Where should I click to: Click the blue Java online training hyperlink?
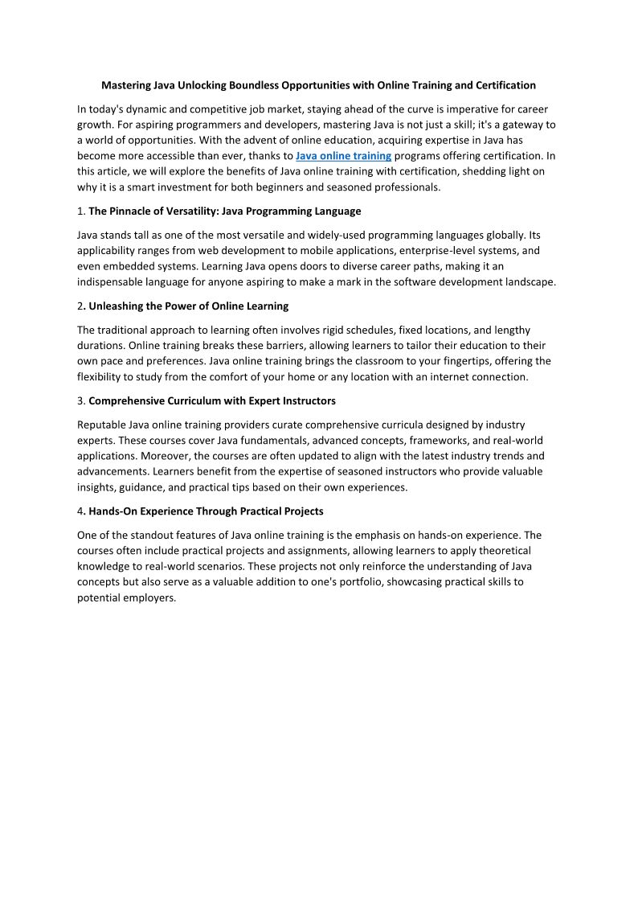tap(343, 156)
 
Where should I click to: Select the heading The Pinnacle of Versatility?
tap(224, 211)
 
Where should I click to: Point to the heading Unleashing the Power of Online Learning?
tap(188, 306)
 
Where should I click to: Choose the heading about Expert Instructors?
tap(212, 400)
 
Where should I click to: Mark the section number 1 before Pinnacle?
tap(80, 211)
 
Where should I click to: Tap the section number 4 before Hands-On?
tap(80, 511)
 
